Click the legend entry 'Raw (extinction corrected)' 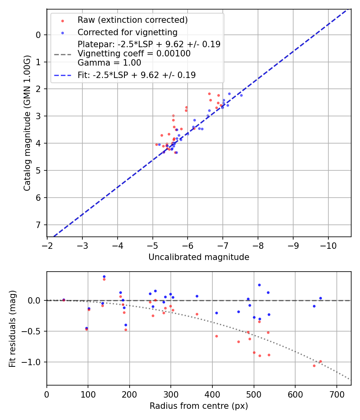(132, 20)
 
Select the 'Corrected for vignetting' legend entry (127, 32)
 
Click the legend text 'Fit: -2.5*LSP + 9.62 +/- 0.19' (136, 75)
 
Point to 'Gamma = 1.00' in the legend (109, 62)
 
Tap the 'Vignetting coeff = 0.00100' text (134, 54)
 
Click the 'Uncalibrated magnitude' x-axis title (199, 257)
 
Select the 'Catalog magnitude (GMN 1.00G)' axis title (27, 123)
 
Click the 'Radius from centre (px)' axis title (199, 406)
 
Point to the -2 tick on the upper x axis (47, 244)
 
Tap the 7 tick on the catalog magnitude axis (38, 225)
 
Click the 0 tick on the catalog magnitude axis (38, 35)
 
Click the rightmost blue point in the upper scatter (241, 95)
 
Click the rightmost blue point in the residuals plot (320, 298)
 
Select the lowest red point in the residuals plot (314, 366)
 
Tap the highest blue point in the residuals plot (104, 276)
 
